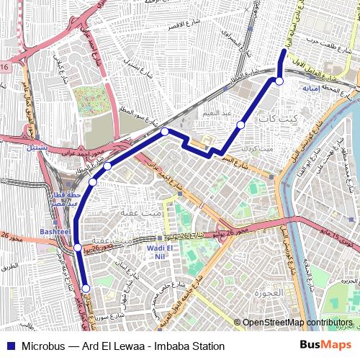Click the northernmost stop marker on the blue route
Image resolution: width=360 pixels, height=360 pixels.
(279, 81)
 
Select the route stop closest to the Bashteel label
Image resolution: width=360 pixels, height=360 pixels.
(77, 248)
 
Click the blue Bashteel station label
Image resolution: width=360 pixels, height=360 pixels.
(55, 233)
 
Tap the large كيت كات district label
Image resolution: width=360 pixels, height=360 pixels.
(277, 117)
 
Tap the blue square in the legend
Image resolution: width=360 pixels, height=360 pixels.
(9, 346)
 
